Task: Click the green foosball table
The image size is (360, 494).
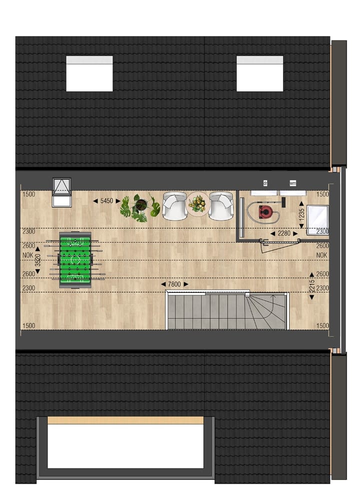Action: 75,259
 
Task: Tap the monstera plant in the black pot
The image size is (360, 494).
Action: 140,207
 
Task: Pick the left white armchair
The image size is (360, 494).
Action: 174,206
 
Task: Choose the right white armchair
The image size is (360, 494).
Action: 220,206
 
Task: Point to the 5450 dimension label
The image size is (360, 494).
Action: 107,201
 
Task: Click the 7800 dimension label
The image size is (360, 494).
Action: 174,284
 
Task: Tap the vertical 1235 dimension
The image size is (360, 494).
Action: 301,213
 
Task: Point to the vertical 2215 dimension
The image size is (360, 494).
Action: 311,285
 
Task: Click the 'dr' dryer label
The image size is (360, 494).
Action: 265,184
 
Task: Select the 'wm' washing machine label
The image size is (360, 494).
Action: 292,184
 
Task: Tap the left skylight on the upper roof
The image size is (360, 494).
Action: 89,74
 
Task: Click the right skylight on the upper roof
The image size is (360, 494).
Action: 259,74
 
